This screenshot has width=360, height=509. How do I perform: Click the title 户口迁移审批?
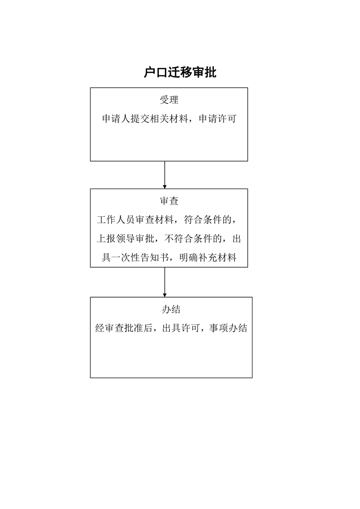tap(180, 73)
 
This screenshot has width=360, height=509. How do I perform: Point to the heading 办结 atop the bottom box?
tap(171, 310)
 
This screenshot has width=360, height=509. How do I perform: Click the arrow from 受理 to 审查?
tap(164, 175)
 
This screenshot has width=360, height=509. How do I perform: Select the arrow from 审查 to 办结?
tap(164, 282)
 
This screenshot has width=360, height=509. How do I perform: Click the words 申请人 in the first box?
tap(116, 119)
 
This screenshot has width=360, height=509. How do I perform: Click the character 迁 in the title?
tap(174, 73)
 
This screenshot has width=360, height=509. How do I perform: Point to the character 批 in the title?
tap(210, 73)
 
